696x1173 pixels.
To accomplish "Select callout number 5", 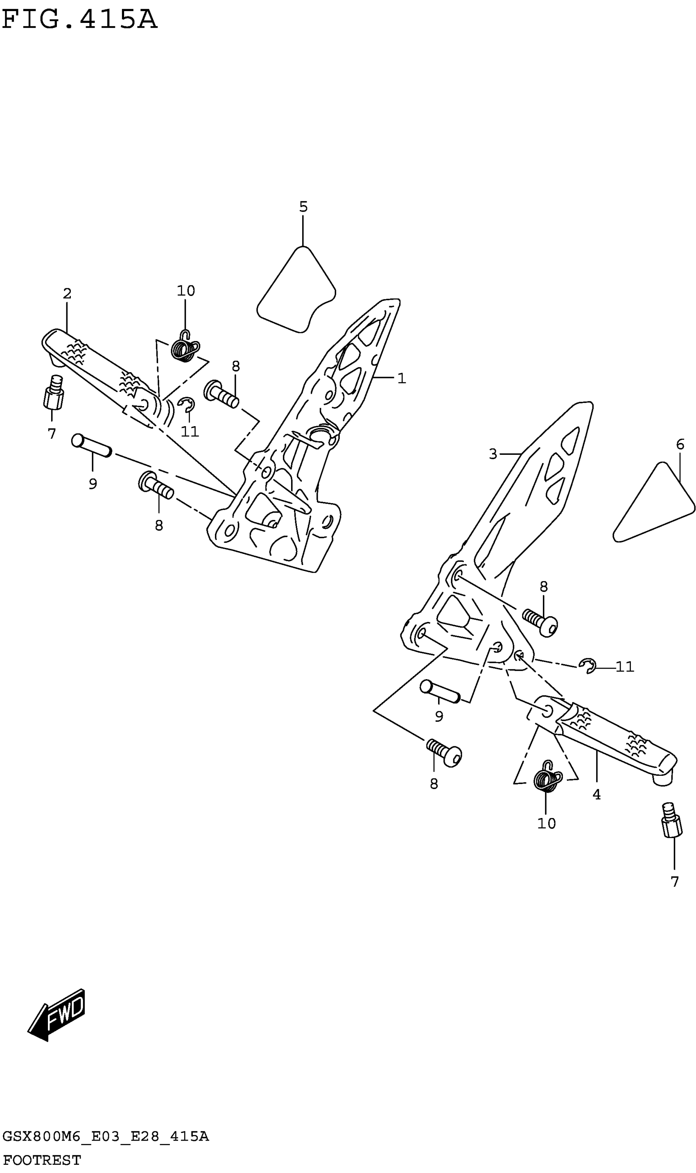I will (303, 207).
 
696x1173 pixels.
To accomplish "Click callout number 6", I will (680, 444).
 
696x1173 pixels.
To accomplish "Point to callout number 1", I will (402, 378).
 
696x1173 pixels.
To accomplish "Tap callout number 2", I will (67, 294).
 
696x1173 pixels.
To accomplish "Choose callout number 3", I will (493, 454).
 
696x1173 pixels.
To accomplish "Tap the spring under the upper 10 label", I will (184, 348).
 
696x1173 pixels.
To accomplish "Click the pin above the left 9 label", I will (91, 445).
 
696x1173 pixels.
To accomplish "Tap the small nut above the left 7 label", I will (54, 393).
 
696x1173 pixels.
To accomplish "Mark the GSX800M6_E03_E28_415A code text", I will (106, 1137).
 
